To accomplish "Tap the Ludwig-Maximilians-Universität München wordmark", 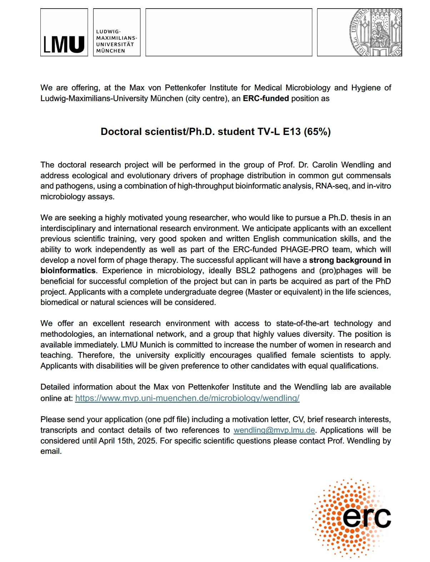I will coord(116,41).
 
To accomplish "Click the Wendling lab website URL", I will coord(187,398).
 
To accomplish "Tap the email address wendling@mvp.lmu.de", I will coord(274,430).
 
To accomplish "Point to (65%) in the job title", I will coord(317,132).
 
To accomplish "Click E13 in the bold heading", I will coord(292,132).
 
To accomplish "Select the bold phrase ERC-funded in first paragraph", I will coord(266,99).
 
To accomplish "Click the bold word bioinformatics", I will coord(68,271).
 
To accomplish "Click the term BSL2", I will coord(245,271).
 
